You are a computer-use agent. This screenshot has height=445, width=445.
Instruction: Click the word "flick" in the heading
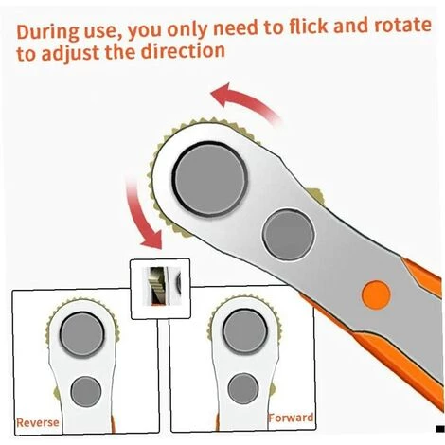click(308, 26)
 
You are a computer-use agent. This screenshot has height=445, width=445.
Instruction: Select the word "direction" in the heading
click(183, 50)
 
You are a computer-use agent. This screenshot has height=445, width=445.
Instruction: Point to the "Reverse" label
click(38, 422)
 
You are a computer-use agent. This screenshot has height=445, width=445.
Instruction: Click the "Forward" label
click(291, 418)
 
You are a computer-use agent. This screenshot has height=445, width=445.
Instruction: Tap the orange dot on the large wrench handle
click(376, 295)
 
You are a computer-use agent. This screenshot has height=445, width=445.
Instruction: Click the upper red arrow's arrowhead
click(221, 94)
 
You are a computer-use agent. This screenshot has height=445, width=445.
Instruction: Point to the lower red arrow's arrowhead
click(152, 240)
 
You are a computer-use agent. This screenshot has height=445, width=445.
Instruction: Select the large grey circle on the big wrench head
click(210, 179)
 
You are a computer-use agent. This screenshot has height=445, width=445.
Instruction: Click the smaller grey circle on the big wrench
click(289, 235)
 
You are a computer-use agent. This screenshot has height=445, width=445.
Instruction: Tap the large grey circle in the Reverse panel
click(82, 333)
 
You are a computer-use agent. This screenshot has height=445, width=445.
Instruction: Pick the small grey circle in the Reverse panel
click(86, 391)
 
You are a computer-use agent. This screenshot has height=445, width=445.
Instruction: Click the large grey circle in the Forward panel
click(245, 331)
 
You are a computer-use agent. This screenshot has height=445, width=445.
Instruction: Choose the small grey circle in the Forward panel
click(243, 388)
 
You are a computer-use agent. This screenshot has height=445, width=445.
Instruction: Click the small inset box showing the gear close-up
click(160, 289)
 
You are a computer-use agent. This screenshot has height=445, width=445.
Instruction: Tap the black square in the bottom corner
click(440, 429)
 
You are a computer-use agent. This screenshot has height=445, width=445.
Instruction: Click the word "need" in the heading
click(236, 27)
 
